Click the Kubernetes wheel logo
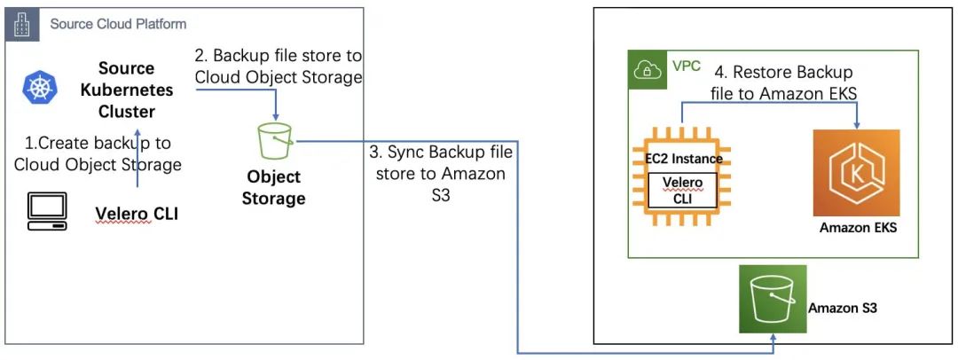tap(39, 89)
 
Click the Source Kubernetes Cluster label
tap(126, 90)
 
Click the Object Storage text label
tap(274, 187)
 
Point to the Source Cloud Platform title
tap(118, 23)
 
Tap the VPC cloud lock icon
tap(646, 71)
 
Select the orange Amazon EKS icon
tap(856, 173)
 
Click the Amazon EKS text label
tap(858, 229)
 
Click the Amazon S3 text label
tap(843, 308)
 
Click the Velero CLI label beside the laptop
tap(137, 212)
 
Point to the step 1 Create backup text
tap(98, 153)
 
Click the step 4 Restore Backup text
tap(785, 81)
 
